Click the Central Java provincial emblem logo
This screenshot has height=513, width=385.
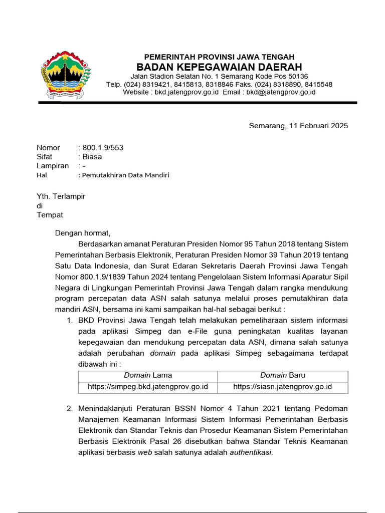[x=66, y=74]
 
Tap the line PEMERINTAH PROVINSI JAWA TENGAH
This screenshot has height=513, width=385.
[x=219, y=57]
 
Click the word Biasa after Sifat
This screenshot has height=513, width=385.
[x=92, y=157]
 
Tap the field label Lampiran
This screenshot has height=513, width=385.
[x=53, y=166]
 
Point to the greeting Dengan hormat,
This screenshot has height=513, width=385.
[x=82, y=233]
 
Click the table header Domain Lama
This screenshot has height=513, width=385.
[x=148, y=375]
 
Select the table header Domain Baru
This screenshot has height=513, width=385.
[x=282, y=375]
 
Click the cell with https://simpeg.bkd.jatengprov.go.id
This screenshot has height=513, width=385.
[x=148, y=387]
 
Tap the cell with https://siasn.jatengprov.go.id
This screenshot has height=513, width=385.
[x=282, y=387]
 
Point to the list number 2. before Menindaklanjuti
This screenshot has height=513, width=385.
[x=70, y=409]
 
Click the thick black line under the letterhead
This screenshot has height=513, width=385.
[x=198, y=103]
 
